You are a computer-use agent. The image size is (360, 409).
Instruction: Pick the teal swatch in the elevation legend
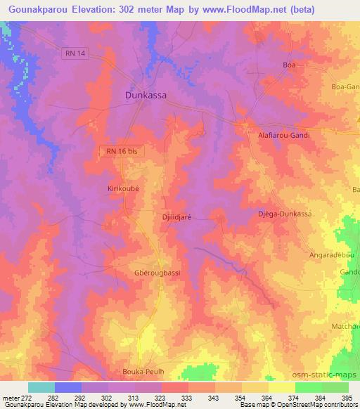[41, 387]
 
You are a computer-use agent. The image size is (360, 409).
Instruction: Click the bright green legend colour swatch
[308, 387]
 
